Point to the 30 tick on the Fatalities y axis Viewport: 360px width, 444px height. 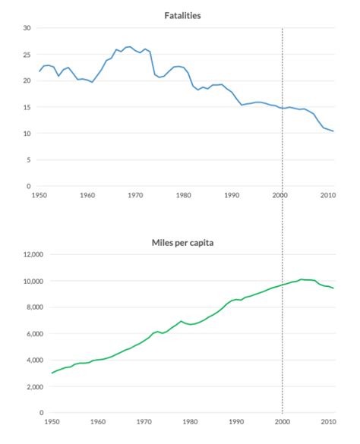click(27, 28)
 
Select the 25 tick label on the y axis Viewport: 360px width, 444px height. click(27, 55)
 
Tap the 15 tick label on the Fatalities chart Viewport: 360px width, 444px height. click(27, 107)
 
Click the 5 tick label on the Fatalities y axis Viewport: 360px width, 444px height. click(28, 160)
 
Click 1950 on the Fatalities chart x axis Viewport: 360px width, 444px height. click(40, 196)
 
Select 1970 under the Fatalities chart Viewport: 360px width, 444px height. click(135, 196)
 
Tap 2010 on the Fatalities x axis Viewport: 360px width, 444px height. click(327, 196)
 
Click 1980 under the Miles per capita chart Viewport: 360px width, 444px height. click(189, 422)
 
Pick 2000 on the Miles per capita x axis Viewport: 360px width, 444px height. click(283, 422)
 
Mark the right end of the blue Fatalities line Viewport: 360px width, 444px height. click(333, 131)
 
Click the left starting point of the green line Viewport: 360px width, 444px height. click(52, 373)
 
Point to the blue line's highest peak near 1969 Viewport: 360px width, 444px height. click(128, 46)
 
